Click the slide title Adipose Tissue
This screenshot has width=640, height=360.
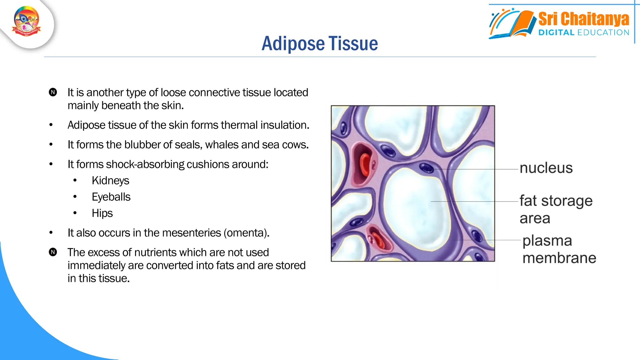(x=319, y=43)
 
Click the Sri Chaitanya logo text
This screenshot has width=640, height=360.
(x=583, y=19)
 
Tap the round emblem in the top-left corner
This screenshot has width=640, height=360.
(x=27, y=21)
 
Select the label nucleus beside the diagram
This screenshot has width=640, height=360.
(x=546, y=168)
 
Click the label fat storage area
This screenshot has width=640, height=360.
(x=556, y=209)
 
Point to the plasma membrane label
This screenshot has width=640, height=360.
(x=559, y=249)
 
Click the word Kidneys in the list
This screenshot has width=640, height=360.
(x=110, y=181)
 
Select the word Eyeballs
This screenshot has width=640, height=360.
(x=111, y=197)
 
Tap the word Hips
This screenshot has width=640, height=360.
(x=102, y=213)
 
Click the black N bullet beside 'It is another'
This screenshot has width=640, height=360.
(x=53, y=92)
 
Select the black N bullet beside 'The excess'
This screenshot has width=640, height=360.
(x=53, y=252)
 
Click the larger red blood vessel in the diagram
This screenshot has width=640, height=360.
(x=364, y=164)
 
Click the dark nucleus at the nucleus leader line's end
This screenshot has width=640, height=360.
(x=426, y=168)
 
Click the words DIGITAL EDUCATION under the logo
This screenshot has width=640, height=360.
(x=583, y=32)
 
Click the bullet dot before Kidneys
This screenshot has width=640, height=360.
(x=75, y=180)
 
